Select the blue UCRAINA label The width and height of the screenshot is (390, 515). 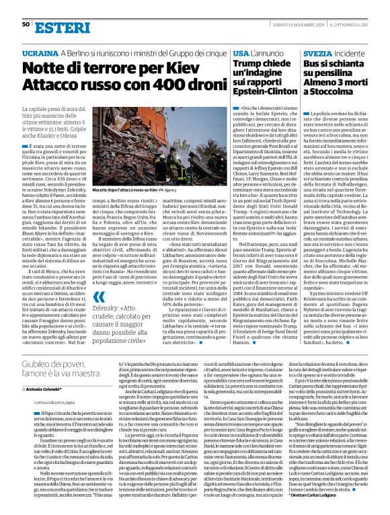(x=40, y=52)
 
